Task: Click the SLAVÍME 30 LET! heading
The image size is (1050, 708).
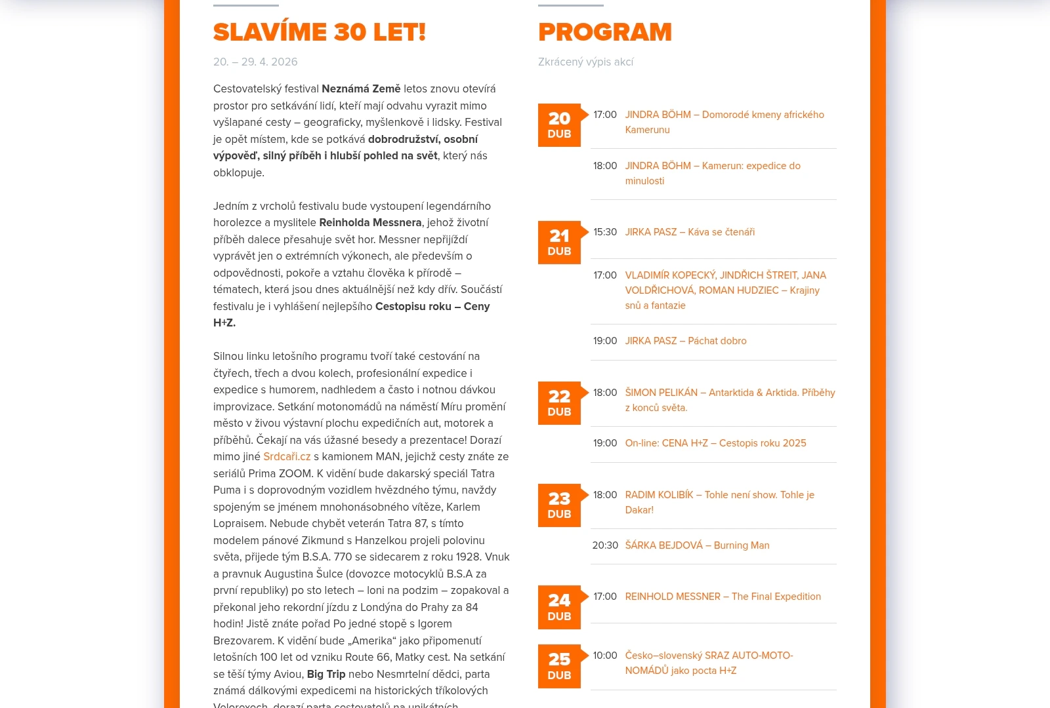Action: (320, 32)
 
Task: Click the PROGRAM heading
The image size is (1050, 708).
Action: (605, 32)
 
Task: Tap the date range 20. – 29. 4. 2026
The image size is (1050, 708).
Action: (255, 62)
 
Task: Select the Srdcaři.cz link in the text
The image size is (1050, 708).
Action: (287, 456)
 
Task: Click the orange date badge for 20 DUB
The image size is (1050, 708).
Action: (559, 125)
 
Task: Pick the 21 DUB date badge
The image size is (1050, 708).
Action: (559, 243)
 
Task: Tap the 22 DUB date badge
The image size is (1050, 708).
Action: (559, 403)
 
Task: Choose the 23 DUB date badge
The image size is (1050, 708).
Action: (559, 505)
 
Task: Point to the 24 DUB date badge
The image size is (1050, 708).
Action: (559, 607)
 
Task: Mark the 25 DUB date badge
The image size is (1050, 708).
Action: (559, 666)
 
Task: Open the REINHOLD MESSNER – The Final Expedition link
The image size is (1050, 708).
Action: (723, 597)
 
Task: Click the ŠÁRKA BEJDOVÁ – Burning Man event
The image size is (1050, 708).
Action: (697, 545)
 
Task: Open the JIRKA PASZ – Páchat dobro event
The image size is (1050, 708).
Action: (686, 341)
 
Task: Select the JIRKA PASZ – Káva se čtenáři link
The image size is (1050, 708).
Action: (690, 232)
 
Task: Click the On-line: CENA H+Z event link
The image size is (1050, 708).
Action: (715, 443)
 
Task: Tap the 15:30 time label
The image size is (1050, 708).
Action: (605, 232)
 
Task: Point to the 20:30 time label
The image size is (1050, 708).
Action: (605, 545)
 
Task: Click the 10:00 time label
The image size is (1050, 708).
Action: (605, 656)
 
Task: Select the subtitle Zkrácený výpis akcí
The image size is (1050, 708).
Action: (585, 62)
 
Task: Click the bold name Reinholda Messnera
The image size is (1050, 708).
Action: (370, 223)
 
